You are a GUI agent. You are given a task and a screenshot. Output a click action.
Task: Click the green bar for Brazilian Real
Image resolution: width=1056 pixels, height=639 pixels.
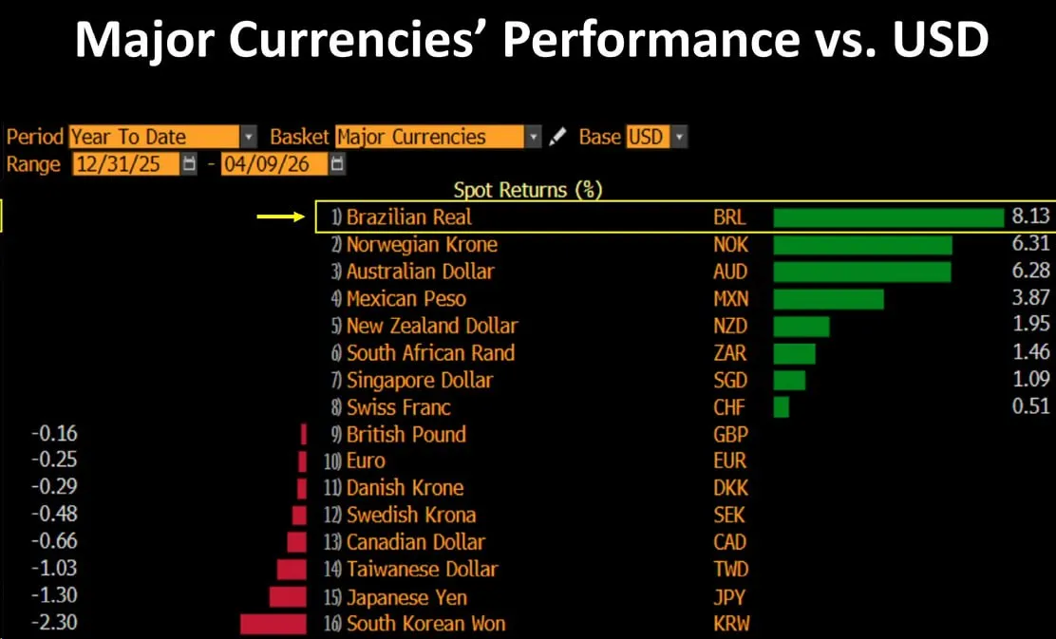pyautogui.click(x=888, y=217)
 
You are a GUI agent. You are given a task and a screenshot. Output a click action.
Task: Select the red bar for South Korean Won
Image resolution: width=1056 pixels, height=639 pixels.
pyautogui.click(x=273, y=624)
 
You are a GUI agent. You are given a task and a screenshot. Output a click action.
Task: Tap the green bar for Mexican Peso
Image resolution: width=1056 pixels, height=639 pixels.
pyautogui.click(x=828, y=299)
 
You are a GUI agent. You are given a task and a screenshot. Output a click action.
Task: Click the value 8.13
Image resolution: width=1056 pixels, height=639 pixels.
pyautogui.click(x=1030, y=217)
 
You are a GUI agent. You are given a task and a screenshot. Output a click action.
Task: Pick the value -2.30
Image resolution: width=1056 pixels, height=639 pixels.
pyautogui.click(x=54, y=623)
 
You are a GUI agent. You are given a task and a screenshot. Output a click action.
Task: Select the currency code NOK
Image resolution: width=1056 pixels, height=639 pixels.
pyautogui.click(x=730, y=245)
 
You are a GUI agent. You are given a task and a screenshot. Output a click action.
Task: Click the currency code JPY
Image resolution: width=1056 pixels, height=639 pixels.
pyautogui.click(x=729, y=597)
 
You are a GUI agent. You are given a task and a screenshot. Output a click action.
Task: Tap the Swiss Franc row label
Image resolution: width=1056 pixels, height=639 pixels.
pyautogui.click(x=398, y=407)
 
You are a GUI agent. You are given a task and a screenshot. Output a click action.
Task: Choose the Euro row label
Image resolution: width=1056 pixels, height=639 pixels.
pyautogui.click(x=366, y=461)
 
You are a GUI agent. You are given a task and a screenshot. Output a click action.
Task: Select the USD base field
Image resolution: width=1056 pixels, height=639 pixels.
pyautogui.click(x=647, y=137)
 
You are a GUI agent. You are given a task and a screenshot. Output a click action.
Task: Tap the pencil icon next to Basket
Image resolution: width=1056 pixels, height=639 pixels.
pyautogui.click(x=558, y=137)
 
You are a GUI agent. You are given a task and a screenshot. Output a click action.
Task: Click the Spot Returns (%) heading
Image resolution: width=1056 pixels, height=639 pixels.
pyautogui.click(x=528, y=190)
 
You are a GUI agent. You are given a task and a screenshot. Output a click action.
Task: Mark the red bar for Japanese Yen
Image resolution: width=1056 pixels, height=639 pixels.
pyautogui.click(x=288, y=597)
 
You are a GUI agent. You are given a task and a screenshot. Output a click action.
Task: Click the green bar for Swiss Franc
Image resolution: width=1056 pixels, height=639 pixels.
pyautogui.click(x=782, y=407)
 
